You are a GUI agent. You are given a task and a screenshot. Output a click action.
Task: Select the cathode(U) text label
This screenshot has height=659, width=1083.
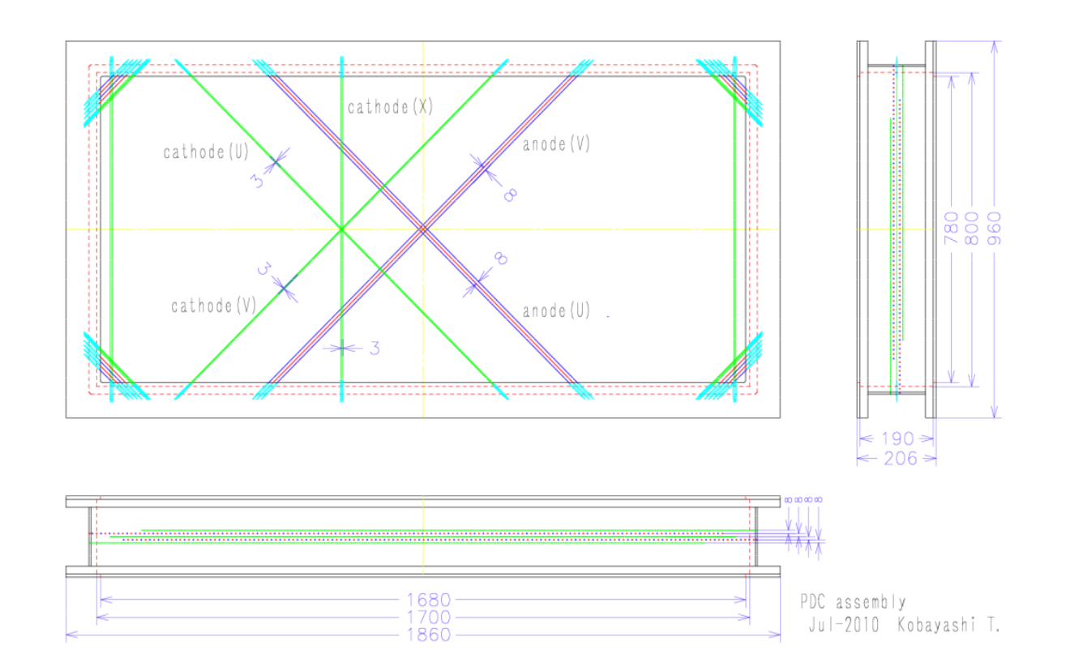[206, 152]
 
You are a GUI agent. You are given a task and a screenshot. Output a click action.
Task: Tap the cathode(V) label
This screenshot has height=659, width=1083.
[213, 306]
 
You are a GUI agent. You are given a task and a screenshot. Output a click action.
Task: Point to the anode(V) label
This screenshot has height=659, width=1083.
[556, 144]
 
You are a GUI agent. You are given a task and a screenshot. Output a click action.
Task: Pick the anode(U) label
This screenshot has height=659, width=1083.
[556, 310]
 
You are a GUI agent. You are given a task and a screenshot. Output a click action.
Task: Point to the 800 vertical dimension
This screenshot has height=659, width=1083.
[973, 228]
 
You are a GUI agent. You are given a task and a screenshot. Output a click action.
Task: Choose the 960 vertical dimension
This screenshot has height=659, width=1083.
[995, 228]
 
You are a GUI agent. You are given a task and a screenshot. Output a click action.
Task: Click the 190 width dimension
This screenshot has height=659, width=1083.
[897, 439]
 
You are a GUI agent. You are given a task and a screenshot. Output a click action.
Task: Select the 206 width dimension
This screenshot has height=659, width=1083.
[897, 459]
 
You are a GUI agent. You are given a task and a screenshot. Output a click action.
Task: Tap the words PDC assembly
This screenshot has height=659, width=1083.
[853, 602]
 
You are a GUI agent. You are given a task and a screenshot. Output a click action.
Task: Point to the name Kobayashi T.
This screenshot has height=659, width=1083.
[949, 626]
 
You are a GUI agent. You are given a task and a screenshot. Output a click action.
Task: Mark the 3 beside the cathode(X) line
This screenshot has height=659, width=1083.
[375, 349]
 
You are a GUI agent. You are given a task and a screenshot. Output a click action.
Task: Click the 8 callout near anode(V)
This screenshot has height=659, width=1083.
[509, 194]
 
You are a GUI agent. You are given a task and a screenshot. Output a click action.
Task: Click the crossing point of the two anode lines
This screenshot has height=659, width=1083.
[422, 229]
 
